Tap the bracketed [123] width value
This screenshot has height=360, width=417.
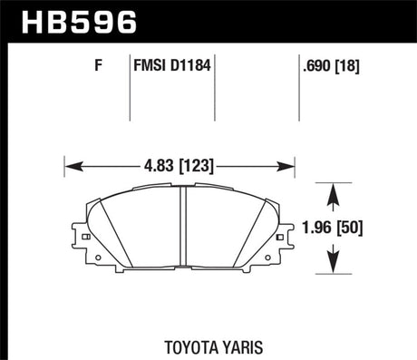click(x=198, y=166)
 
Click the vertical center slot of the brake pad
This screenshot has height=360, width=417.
click(x=180, y=227)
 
